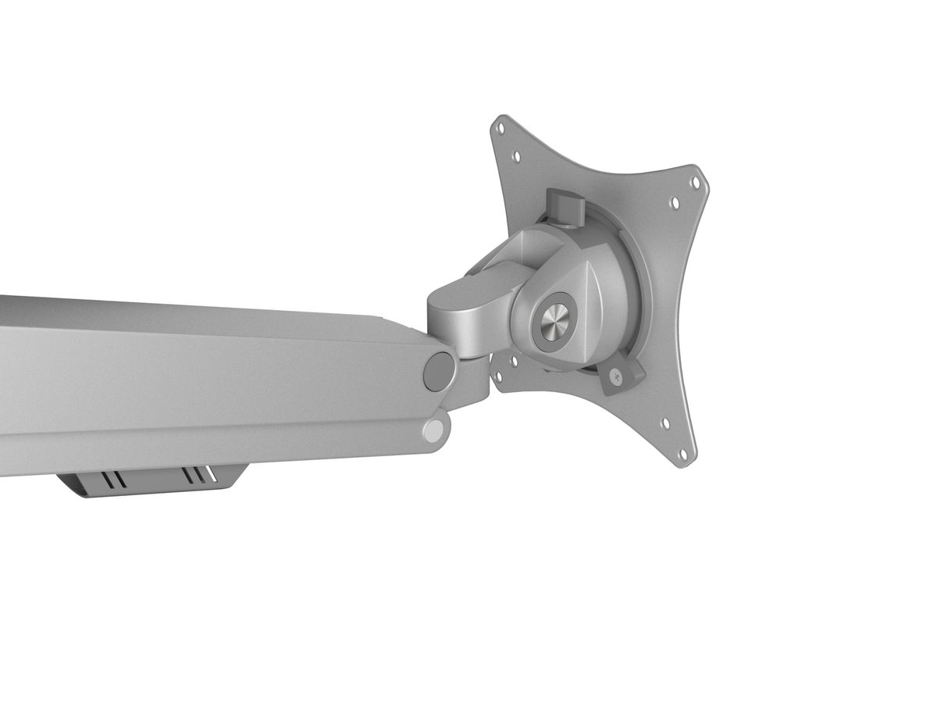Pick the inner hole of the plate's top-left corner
click(515, 155)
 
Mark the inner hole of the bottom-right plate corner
click(664, 424)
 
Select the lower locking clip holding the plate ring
click(622, 373)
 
